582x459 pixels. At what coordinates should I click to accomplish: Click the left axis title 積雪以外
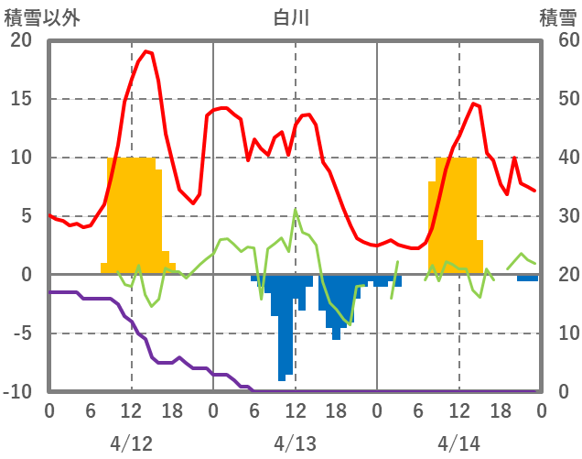(x=35, y=17)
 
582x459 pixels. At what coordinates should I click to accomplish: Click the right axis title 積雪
(x=557, y=17)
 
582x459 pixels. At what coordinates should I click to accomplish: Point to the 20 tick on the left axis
(x=20, y=40)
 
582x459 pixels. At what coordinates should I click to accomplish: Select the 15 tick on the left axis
(x=20, y=99)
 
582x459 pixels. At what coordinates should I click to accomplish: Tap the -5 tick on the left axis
(x=20, y=333)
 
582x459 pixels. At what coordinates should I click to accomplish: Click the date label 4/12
(x=131, y=443)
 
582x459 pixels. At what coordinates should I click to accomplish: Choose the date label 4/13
(x=295, y=443)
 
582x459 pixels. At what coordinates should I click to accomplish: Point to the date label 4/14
(x=458, y=443)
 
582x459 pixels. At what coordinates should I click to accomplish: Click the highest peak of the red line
(x=146, y=51)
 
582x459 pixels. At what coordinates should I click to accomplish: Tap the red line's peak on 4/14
(x=473, y=104)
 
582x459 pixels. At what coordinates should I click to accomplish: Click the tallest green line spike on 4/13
(x=296, y=211)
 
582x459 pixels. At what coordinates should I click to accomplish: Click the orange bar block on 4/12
(x=133, y=215)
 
